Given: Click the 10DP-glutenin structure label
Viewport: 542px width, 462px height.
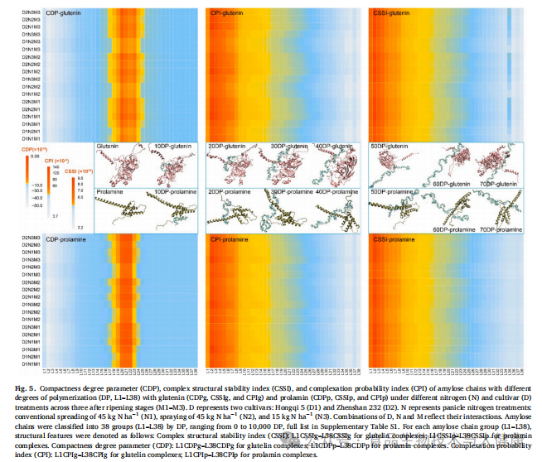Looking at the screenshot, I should pyautogui.click(x=172, y=146).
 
